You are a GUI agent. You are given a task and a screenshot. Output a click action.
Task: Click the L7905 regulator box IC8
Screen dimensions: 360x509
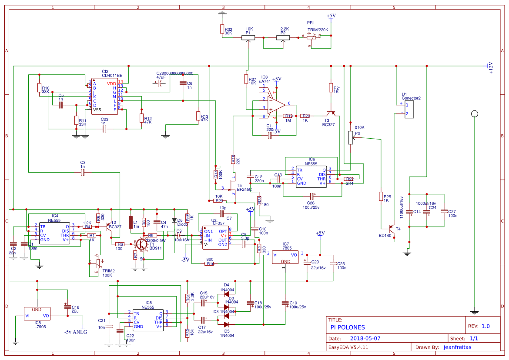[x=37, y=313]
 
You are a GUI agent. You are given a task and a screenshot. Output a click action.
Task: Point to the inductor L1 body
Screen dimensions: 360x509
[x=131, y=222]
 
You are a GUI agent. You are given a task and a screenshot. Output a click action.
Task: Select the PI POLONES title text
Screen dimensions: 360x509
[x=348, y=327]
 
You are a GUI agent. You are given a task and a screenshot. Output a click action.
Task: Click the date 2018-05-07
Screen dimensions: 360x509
[x=365, y=338]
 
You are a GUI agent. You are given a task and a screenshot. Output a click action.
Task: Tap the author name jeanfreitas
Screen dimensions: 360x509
[x=457, y=347]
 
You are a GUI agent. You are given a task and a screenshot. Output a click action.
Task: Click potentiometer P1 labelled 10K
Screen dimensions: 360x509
[x=248, y=38]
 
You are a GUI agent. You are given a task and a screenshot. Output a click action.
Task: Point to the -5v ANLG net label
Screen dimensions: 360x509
[x=75, y=332]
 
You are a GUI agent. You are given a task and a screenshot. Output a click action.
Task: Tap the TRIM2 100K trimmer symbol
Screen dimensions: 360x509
[x=98, y=263]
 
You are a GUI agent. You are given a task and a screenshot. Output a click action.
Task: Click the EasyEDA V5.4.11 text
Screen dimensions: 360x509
[x=348, y=347]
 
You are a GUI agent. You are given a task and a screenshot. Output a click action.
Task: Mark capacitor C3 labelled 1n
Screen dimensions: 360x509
[x=83, y=173]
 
